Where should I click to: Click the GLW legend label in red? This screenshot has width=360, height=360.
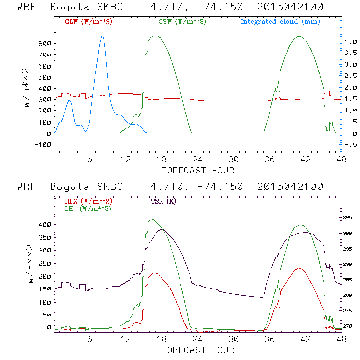point(88,22)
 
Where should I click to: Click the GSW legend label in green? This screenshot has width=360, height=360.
point(182,22)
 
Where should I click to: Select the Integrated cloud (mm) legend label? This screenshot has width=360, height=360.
point(280,22)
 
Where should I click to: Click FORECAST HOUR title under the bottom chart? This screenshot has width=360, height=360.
point(198,350)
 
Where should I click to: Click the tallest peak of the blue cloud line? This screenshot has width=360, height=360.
point(102,36)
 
